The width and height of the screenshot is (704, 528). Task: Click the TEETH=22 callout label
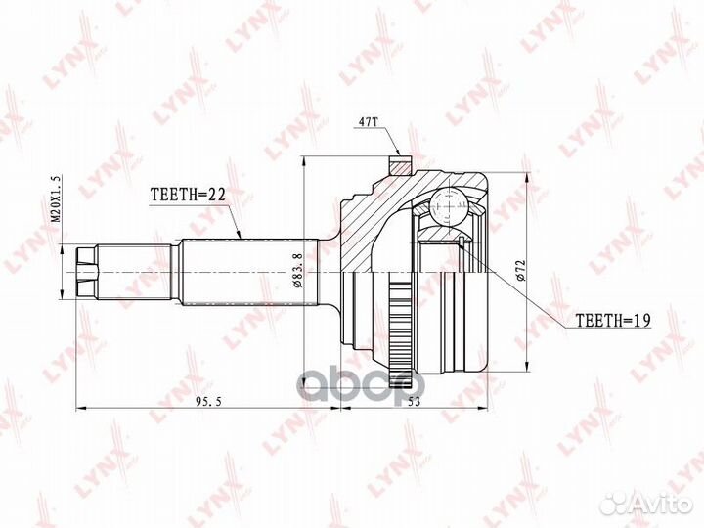pyautogui.click(x=188, y=194)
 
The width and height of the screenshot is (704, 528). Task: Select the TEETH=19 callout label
pyautogui.click(x=613, y=320)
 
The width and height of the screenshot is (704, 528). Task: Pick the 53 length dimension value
pyautogui.click(x=414, y=402)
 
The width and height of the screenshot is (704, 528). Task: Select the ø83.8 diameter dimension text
pyautogui.click(x=297, y=270)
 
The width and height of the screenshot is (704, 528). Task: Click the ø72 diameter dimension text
pyautogui.click(x=521, y=270)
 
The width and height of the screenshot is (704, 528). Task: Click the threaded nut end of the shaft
pyautogui.click(x=87, y=273)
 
